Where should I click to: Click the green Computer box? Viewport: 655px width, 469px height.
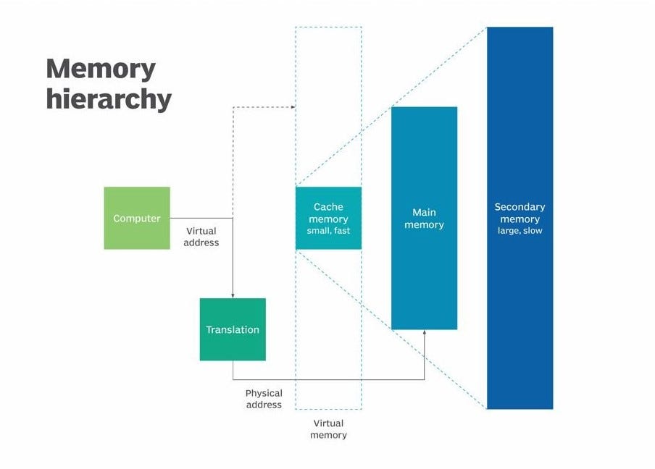click(x=137, y=218)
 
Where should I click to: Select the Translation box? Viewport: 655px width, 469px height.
click(x=233, y=329)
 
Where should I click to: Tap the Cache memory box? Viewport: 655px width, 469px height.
click(x=328, y=219)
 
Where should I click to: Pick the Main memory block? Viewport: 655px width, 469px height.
click(x=424, y=218)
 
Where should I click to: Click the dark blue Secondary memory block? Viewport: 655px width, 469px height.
click(x=520, y=218)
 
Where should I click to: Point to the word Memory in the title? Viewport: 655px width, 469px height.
click(x=101, y=69)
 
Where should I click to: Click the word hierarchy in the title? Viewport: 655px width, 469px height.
click(x=109, y=99)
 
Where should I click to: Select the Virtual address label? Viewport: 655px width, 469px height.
click(x=201, y=237)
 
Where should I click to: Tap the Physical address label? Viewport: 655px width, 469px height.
click(x=264, y=399)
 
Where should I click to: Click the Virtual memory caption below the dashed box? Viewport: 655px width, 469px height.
click(x=328, y=429)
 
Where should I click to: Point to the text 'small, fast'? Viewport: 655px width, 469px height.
click(x=328, y=231)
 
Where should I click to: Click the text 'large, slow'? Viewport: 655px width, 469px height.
click(x=520, y=231)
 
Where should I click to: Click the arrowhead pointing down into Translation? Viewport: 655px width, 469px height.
click(x=233, y=295)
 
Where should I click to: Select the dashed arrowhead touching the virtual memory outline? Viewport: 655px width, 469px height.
click(x=293, y=107)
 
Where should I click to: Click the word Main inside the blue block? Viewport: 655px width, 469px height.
click(x=424, y=212)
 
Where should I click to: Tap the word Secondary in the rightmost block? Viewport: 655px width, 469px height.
click(x=520, y=207)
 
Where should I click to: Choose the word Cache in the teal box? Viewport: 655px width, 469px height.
click(x=328, y=207)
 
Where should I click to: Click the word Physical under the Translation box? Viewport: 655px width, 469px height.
click(x=264, y=394)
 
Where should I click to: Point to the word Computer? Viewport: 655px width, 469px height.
click(x=137, y=219)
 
